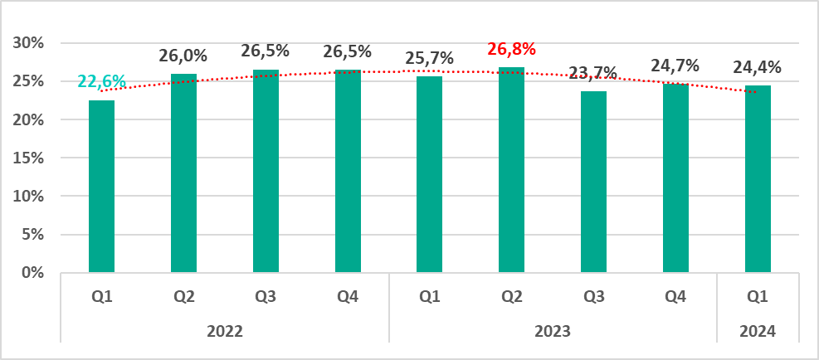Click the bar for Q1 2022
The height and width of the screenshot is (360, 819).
coord(101,187)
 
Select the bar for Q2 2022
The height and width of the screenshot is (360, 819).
coord(183,173)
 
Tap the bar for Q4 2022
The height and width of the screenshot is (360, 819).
coord(348,172)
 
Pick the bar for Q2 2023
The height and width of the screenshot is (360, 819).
coord(512,170)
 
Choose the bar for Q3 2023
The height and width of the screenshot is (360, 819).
coord(594,182)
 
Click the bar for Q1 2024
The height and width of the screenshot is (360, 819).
coord(758,179)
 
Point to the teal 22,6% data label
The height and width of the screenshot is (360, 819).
coord(101,81)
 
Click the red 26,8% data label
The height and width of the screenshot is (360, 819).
coord(512,49)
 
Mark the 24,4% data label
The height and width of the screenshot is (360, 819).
coord(758,67)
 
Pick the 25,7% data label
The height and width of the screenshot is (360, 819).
coord(430,59)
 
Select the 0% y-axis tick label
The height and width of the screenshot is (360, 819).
coord(35,273)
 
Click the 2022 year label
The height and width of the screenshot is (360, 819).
coord(225,331)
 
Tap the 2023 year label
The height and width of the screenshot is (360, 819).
coord(553,331)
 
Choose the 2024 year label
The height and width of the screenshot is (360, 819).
coord(758,331)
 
